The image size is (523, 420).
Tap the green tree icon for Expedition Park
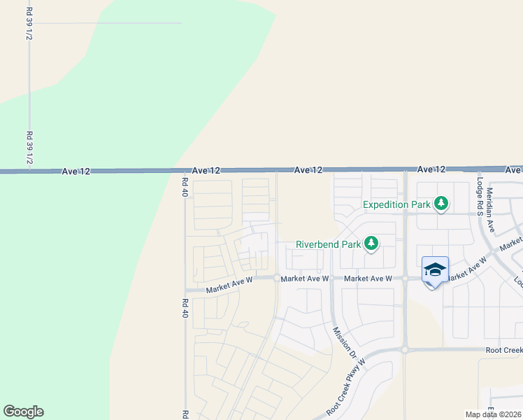click(x=440, y=204)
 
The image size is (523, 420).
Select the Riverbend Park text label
click(x=328, y=244)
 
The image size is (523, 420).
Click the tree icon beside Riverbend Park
click(x=371, y=244)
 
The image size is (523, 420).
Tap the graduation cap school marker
click(x=435, y=270)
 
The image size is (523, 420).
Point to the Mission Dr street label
click(x=345, y=343)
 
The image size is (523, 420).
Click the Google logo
click(x=23, y=412)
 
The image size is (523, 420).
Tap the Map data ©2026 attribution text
click(x=493, y=414)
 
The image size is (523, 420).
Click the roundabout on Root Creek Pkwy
click(x=404, y=349)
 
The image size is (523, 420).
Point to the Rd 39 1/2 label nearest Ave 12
click(x=29, y=148)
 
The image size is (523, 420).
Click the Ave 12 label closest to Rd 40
click(x=206, y=170)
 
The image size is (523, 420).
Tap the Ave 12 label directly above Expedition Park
click(x=431, y=169)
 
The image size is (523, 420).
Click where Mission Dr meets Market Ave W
click(x=331, y=278)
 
